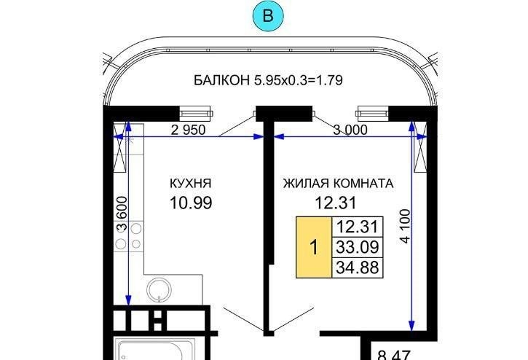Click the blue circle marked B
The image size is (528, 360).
(268, 16)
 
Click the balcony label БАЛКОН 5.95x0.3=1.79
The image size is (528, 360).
(269, 81)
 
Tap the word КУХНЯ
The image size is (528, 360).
(191, 184)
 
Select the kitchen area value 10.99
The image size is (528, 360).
(191, 203)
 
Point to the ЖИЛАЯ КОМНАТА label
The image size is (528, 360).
(338, 184)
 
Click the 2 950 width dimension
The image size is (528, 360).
(188, 130)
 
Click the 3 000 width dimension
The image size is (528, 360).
(350, 130)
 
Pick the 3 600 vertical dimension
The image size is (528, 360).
(122, 214)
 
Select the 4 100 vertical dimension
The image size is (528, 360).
(406, 226)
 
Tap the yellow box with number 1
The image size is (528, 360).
(314, 247)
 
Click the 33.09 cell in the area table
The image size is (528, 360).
(358, 247)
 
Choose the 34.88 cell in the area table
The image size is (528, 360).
(358, 267)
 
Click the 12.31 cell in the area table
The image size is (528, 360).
(358, 227)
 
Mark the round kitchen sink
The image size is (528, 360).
(159, 290)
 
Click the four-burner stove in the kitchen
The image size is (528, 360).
(129, 236)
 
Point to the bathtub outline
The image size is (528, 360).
(150, 349)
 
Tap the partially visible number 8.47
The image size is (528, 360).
(394, 356)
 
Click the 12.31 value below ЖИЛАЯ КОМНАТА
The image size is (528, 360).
(336, 203)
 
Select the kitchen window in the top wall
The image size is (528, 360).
(195, 114)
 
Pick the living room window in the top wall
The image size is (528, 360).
(373, 114)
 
